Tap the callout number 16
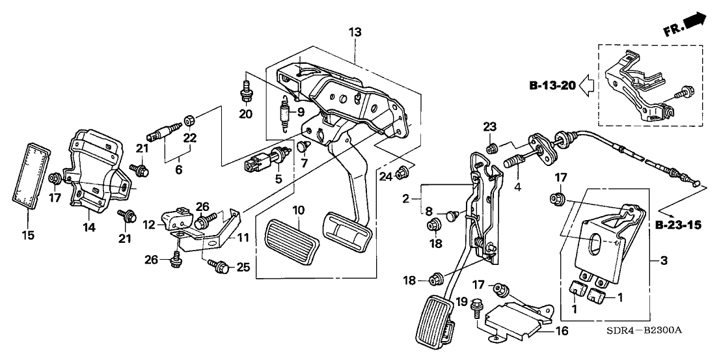[562, 331]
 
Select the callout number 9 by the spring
[301, 112]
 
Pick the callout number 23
[489, 127]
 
